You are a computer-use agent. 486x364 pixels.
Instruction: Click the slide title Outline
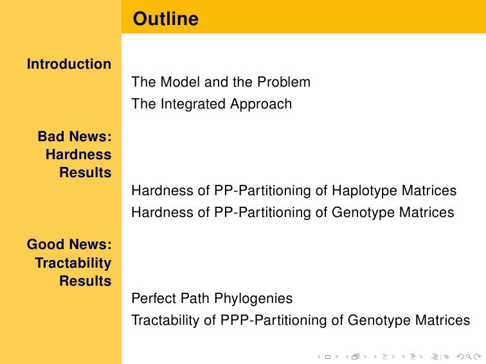165,19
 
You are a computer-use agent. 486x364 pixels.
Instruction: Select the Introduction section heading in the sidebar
69,64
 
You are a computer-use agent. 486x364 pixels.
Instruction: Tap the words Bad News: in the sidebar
75,137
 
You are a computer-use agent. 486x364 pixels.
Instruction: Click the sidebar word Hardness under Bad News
78,155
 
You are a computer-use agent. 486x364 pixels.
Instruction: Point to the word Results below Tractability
85,281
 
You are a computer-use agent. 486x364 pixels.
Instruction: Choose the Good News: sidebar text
69,245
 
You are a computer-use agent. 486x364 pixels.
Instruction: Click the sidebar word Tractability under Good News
73,263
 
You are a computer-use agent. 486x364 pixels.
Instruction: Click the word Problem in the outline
283,82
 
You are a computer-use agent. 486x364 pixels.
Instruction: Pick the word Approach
261,104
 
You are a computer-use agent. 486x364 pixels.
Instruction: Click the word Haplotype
363,191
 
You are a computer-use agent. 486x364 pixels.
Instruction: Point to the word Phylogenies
253,299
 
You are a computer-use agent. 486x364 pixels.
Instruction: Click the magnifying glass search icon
469,357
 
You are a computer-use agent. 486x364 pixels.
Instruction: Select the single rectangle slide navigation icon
328,357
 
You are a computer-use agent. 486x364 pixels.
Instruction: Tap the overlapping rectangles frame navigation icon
355,357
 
